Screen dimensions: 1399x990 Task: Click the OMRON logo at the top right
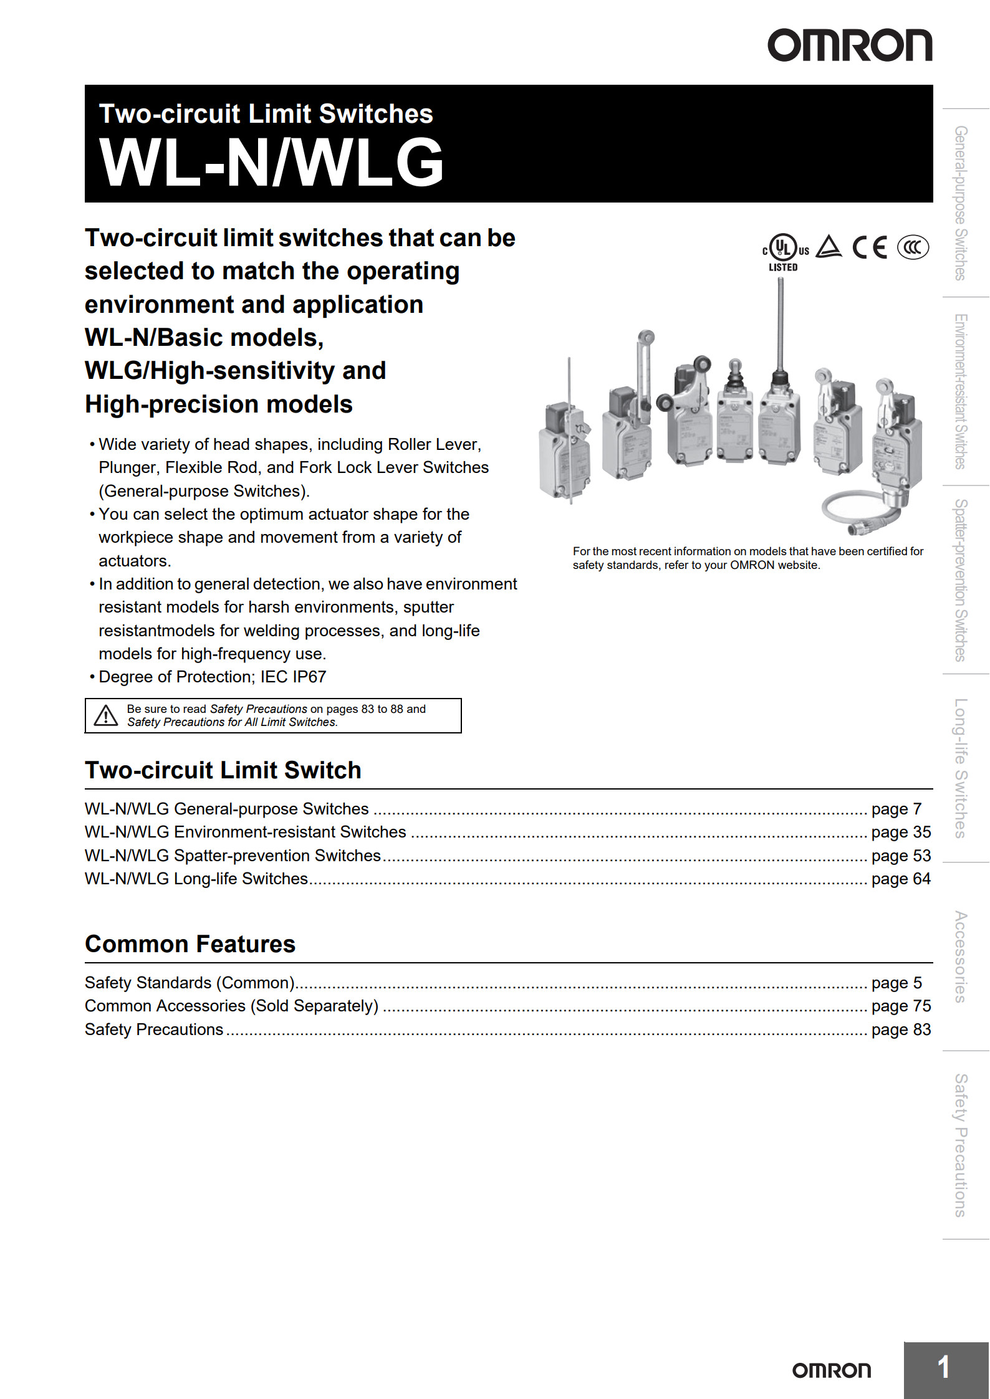[849, 45]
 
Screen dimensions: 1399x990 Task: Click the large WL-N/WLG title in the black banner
[271, 163]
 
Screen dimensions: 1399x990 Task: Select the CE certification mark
[870, 247]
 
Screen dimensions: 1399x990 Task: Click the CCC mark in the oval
[913, 247]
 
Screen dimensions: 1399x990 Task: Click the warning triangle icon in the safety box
[106, 715]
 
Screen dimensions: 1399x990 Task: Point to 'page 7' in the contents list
[896, 809]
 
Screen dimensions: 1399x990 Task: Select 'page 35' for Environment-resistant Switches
[900, 832]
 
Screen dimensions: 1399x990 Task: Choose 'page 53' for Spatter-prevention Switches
[900, 856]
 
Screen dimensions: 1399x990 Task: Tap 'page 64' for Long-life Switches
[900, 879]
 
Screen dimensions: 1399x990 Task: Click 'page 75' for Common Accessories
[900, 1006]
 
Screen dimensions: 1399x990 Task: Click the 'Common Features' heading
[190, 944]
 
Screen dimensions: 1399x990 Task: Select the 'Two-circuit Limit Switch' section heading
[223, 770]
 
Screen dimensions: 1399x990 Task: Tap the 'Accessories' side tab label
[961, 957]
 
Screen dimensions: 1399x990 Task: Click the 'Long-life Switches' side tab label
[961, 768]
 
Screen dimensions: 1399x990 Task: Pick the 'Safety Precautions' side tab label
[961, 1145]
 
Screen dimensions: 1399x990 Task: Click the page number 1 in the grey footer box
[944, 1367]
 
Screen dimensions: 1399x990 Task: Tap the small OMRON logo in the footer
[831, 1370]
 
